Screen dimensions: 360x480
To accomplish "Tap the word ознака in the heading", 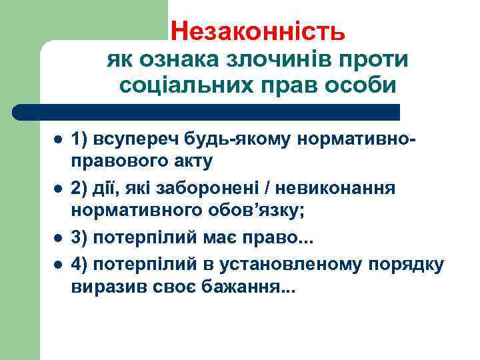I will pos(169,60).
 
